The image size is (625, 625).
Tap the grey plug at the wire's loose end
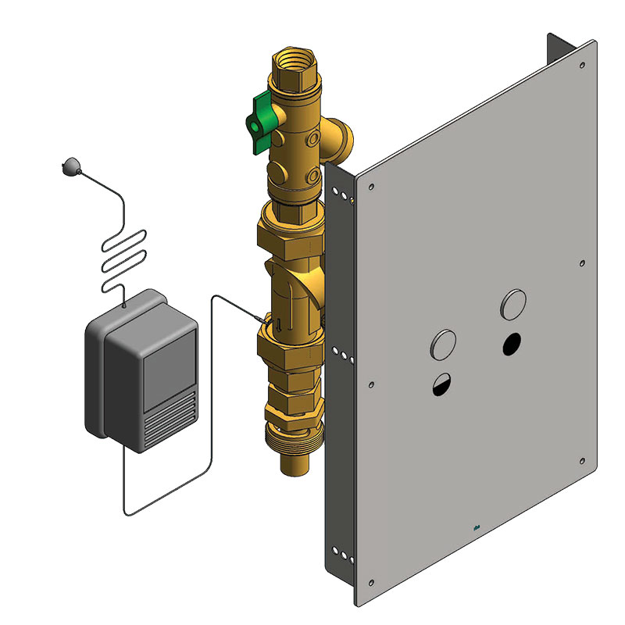coord(69,165)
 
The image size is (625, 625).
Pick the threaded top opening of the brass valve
coord(293,59)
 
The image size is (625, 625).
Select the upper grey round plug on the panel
coord(513,303)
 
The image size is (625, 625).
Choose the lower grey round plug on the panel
coord(443,343)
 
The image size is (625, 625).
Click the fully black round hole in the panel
coord(512,341)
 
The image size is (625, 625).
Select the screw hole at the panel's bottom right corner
coord(582,460)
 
